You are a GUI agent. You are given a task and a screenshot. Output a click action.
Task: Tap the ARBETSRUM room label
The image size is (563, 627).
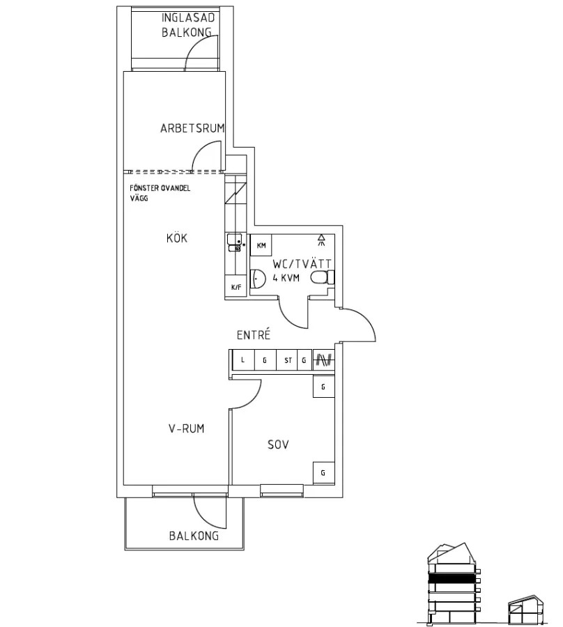pyautogui.click(x=192, y=128)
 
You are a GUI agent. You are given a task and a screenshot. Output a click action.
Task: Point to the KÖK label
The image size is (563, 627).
pyautogui.click(x=177, y=238)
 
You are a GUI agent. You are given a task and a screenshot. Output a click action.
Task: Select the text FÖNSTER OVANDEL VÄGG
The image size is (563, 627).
pyautogui.click(x=160, y=193)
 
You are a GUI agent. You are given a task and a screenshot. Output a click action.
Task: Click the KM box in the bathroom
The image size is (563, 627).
pyautogui.click(x=261, y=246)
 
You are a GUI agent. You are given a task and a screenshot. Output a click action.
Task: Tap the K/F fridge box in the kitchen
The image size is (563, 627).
pyautogui.click(x=235, y=286)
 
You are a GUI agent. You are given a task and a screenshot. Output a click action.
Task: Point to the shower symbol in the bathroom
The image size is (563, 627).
pyautogui.click(x=321, y=240)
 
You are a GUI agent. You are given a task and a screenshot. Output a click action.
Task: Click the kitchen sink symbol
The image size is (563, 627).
pyautogui.click(x=233, y=242)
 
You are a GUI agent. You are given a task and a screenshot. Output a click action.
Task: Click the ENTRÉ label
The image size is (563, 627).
pyautogui.click(x=254, y=335)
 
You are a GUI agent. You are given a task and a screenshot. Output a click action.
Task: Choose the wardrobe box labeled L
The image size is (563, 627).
pyautogui.click(x=242, y=360)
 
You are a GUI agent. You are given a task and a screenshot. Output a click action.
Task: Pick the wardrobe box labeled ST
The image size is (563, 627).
pyautogui.click(x=287, y=360)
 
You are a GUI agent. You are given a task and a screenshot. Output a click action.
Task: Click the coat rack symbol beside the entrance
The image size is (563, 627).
pyautogui.click(x=323, y=360)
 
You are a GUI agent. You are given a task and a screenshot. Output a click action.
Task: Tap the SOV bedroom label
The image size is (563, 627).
pyautogui.click(x=279, y=444)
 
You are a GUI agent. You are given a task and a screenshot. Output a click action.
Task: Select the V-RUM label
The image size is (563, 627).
pyautogui.click(x=187, y=429)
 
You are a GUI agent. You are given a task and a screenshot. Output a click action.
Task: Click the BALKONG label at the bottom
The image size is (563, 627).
pyautogui.click(x=194, y=536)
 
